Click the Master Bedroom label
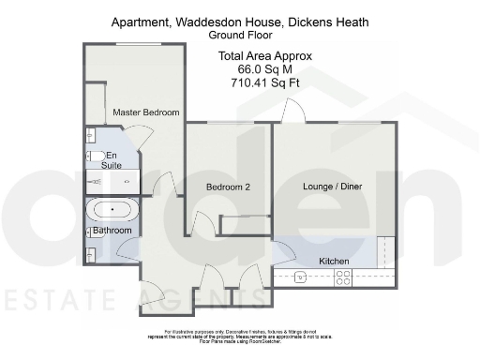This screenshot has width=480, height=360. pyautogui.click(x=145, y=112)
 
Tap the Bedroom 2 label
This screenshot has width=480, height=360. pyautogui.click(x=228, y=187)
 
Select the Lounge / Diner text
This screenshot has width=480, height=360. pyautogui.click(x=332, y=187)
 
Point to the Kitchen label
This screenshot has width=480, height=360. pyautogui.click(x=334, y=261)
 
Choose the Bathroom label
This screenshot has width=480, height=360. pyautogui.click(x=112, y=231)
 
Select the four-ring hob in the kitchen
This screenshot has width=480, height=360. pyautogui.click(x=343, y=277)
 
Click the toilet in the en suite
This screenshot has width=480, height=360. pyautogui.click(x=95, y=156)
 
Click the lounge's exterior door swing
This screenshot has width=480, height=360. pyautogui.click(x=293, y=112)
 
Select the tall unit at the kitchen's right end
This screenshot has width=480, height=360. pyautogui.click(x=385, y=253)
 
